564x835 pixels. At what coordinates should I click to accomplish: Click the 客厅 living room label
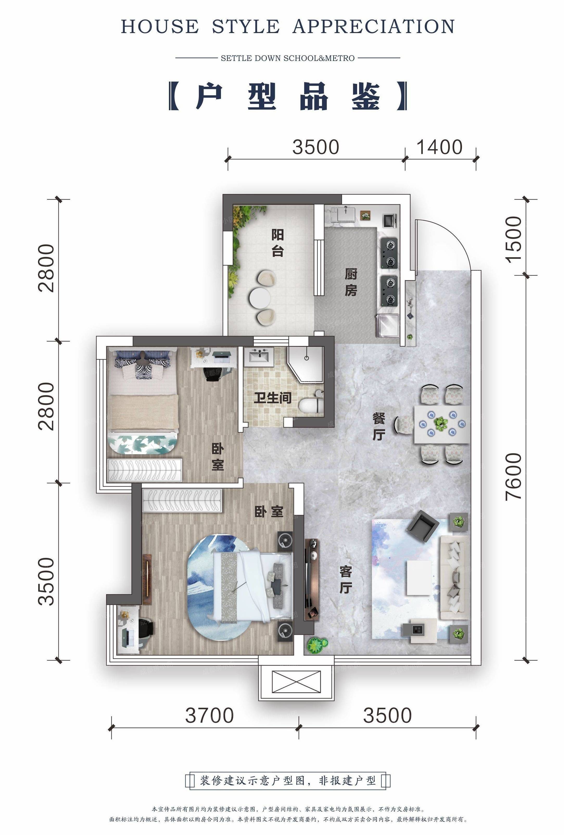[346, 580]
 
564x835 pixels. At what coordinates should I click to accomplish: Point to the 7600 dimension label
[514, 476]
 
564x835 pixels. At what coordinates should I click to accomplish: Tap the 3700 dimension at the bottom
[210, 715]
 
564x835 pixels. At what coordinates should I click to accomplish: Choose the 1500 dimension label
[514, 240]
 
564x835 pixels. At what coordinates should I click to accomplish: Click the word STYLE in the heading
[246, 27]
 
